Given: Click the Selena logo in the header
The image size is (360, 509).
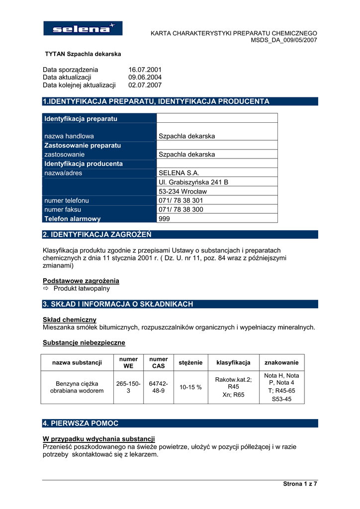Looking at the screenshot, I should click(83, 28).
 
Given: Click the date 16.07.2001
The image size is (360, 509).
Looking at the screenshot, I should click(145, 70).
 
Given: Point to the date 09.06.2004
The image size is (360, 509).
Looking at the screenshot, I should click(145, 78).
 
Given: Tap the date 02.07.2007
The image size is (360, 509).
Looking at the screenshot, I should click(145, 85).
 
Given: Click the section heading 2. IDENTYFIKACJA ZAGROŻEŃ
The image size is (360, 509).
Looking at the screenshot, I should click(97, 234).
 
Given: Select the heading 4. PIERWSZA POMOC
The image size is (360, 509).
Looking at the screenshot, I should click(81, 424).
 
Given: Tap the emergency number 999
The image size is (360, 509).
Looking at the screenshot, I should click(164, 219).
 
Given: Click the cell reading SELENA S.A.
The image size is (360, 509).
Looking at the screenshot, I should click(179, 173).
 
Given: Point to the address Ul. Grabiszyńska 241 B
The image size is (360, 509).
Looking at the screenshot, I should click(193, 182).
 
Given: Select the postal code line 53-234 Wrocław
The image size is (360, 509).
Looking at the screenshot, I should click(182, 191).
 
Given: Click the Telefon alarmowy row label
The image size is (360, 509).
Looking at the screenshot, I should click(73, 219).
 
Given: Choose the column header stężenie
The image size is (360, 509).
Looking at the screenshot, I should click(190, 363).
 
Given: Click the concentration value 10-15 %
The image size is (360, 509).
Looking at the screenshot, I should click(190, 387).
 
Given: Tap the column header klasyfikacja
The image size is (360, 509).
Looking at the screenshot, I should click(233, 363).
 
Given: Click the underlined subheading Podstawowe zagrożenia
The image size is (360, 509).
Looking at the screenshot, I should click(81, 281).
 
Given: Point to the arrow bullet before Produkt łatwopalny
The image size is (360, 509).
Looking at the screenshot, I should click(47, 288).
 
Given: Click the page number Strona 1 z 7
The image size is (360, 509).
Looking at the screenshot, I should click(300, 484).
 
